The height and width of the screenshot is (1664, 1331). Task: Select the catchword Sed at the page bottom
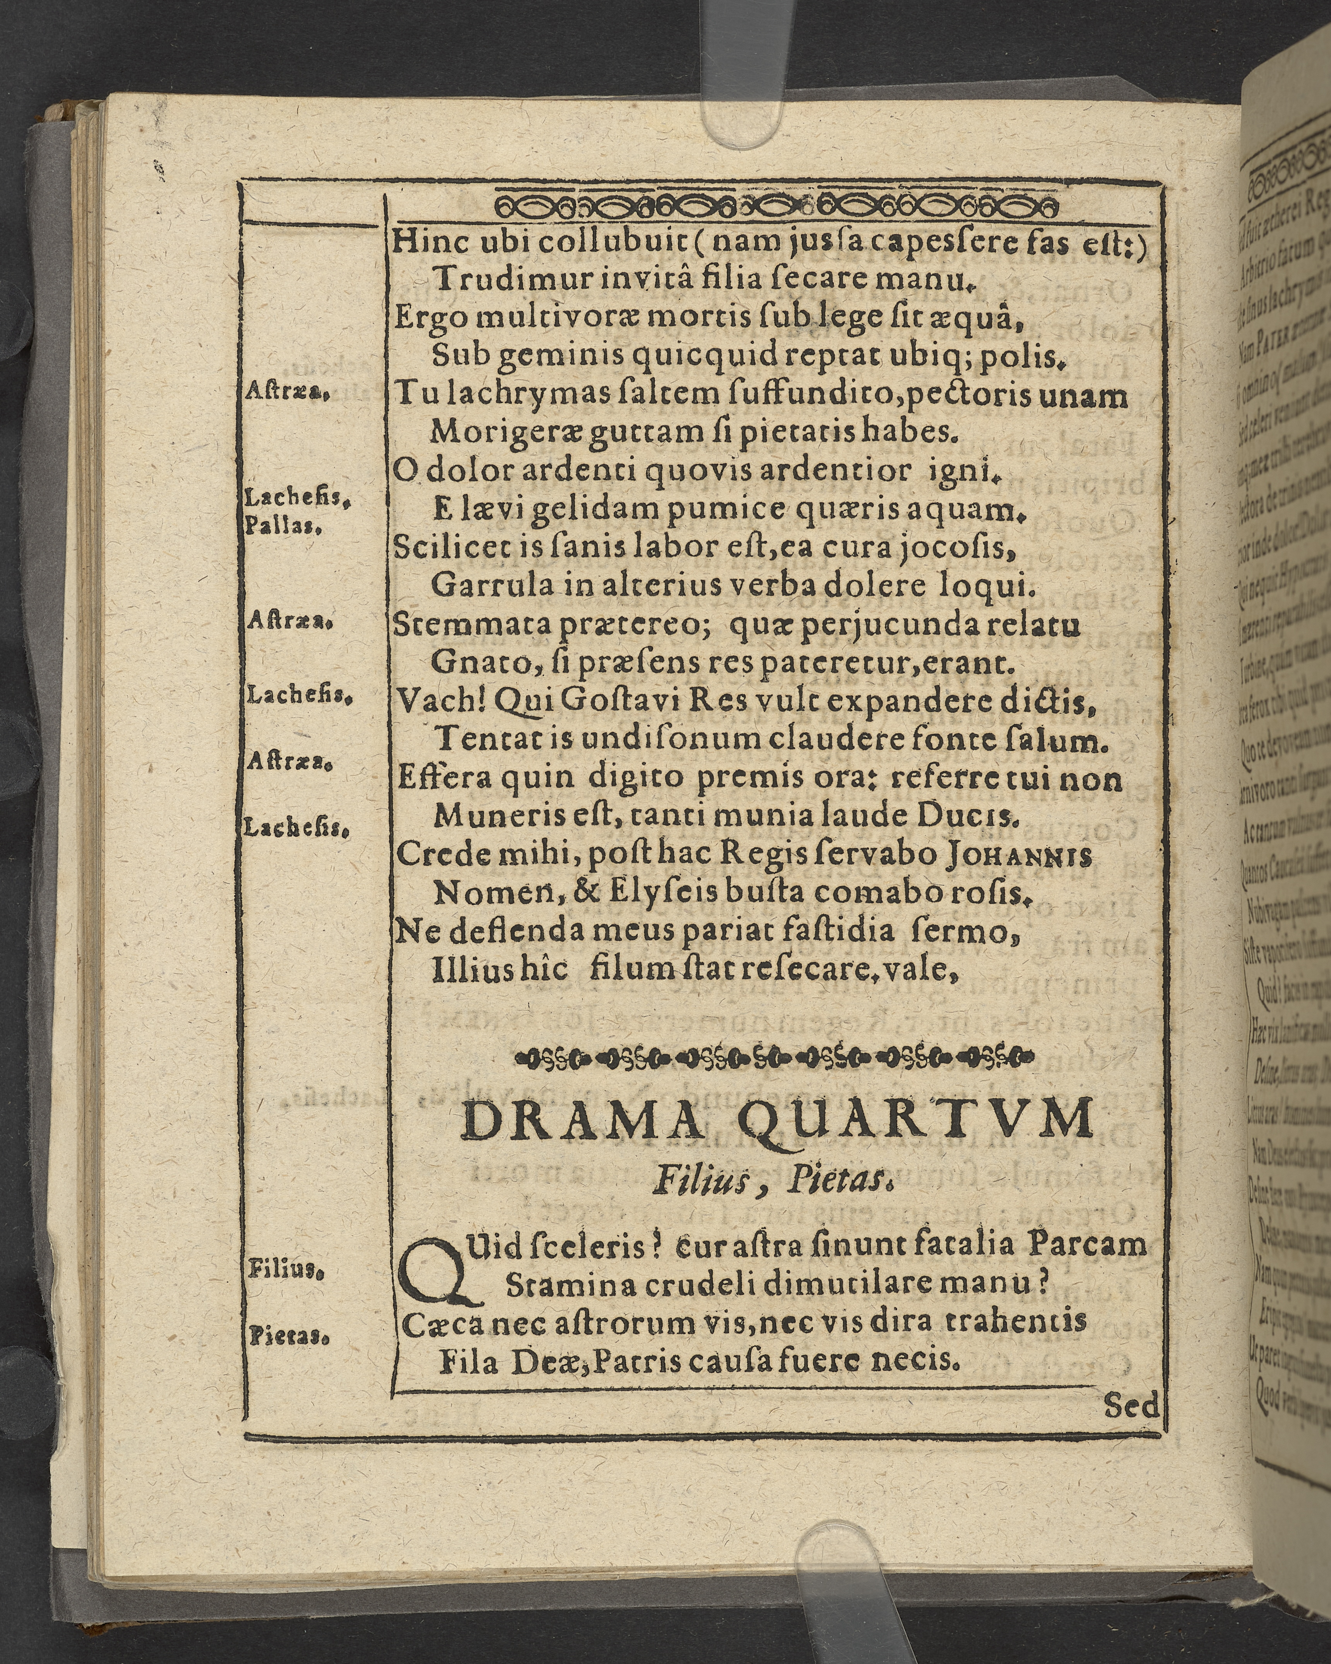1131,1406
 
